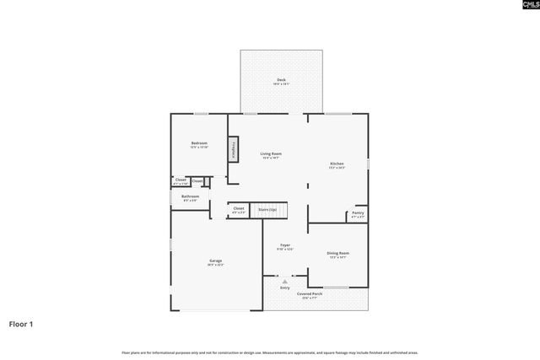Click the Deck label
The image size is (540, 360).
[281, 81]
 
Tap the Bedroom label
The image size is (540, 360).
[199, 144]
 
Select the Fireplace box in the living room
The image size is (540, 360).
[233, 148]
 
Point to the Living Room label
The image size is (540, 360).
[270, 155]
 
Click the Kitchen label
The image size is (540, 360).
[337, 165]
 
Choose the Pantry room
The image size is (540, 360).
[358, 215]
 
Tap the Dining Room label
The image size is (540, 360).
[337, 254]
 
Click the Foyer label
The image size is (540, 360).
[285, 246]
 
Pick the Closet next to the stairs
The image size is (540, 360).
[239, 209]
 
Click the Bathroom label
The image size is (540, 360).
[190, 197]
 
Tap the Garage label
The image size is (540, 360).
[216, 262]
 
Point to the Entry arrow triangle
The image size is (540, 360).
[284, 282]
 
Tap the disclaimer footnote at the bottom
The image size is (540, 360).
[269, 352]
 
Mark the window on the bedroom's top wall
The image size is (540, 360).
[202, 114]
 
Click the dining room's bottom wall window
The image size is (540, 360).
[337, 287]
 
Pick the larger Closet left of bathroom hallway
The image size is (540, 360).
[181, 181]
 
